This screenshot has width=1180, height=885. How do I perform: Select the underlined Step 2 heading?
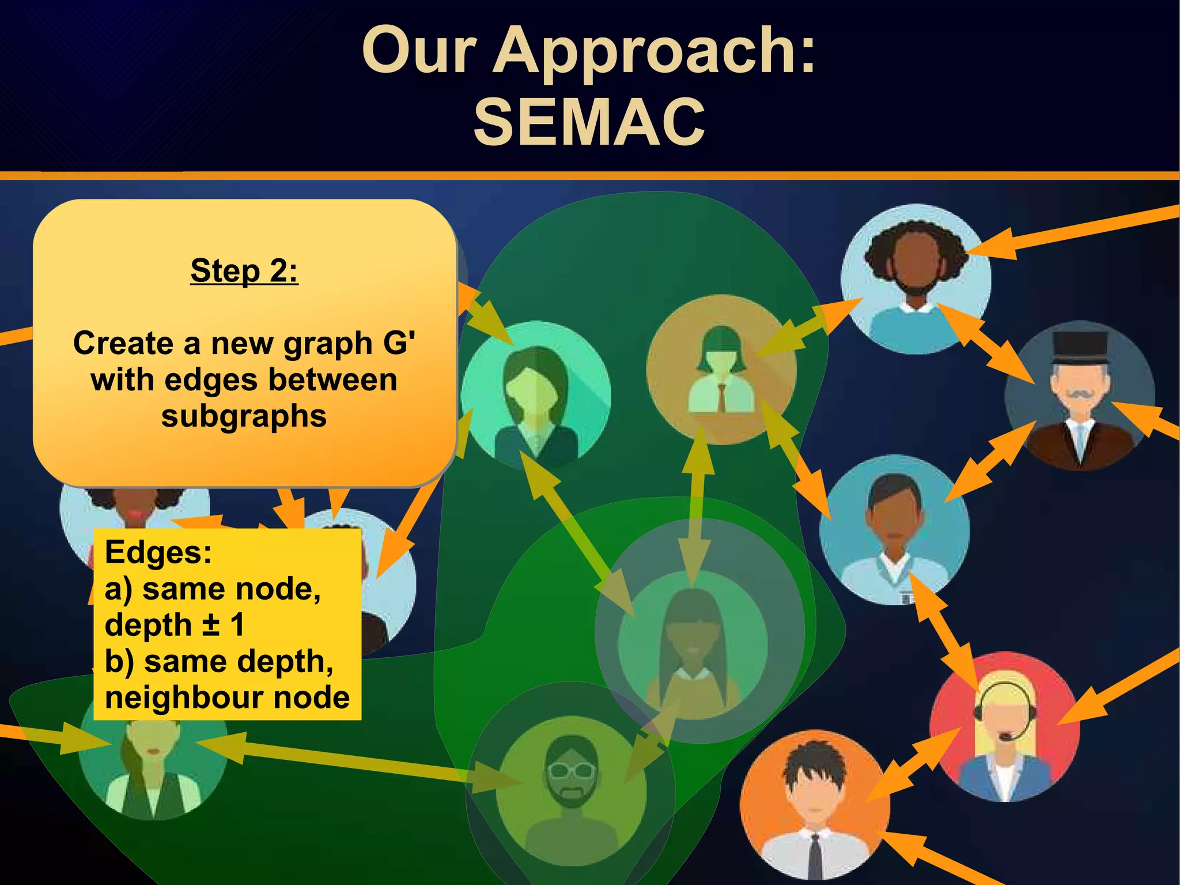point(244,270)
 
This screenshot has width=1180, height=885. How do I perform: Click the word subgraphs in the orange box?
point(244,416)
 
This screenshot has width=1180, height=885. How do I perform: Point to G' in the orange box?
point(399,343)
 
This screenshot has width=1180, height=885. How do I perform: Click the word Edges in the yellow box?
point(158,552)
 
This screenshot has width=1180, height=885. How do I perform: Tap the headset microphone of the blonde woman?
point(1006,737)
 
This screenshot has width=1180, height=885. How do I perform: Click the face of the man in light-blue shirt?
point(893,519)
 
